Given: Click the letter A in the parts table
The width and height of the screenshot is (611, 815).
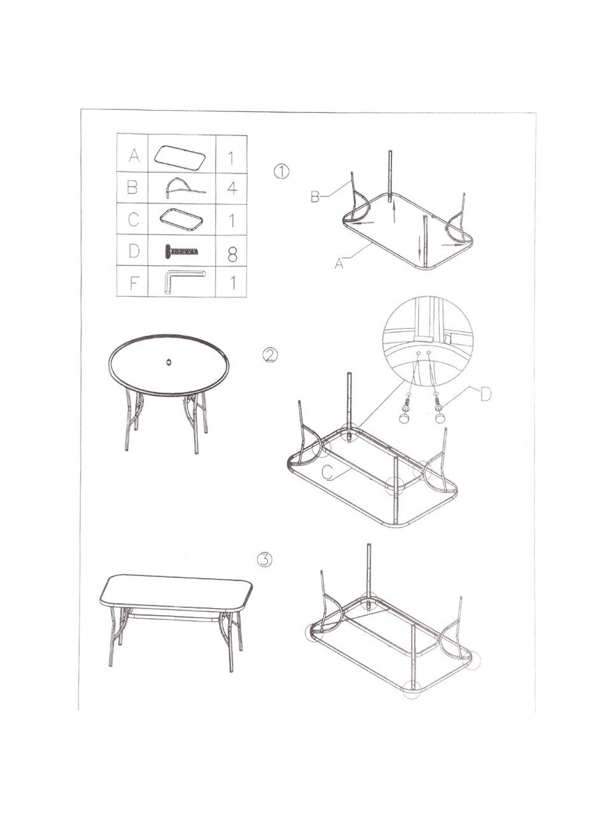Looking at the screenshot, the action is point(134,155).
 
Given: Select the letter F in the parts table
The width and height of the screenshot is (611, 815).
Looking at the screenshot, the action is point(134,284).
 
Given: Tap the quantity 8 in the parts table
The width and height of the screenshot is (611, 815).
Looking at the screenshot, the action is point(232,255).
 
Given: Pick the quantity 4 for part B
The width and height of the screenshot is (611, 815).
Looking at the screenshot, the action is point(232,188).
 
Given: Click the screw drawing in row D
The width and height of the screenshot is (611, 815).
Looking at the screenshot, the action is point(181,252).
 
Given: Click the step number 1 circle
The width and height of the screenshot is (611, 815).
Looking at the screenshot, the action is point(281,172).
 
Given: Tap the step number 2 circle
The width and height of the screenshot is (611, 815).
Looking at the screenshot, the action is point(270,355).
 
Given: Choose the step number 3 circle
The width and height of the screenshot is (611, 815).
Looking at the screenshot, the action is point(265,570).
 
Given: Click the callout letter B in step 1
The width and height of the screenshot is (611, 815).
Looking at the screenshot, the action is point(315,197).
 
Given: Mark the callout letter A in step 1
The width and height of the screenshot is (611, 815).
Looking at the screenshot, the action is point(339,263).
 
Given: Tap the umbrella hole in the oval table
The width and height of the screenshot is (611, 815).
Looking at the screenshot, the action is point(169,360).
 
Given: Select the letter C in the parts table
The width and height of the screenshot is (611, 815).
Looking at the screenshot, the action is point(134,220).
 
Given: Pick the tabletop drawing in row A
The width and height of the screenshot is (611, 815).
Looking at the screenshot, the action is point(181,157).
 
